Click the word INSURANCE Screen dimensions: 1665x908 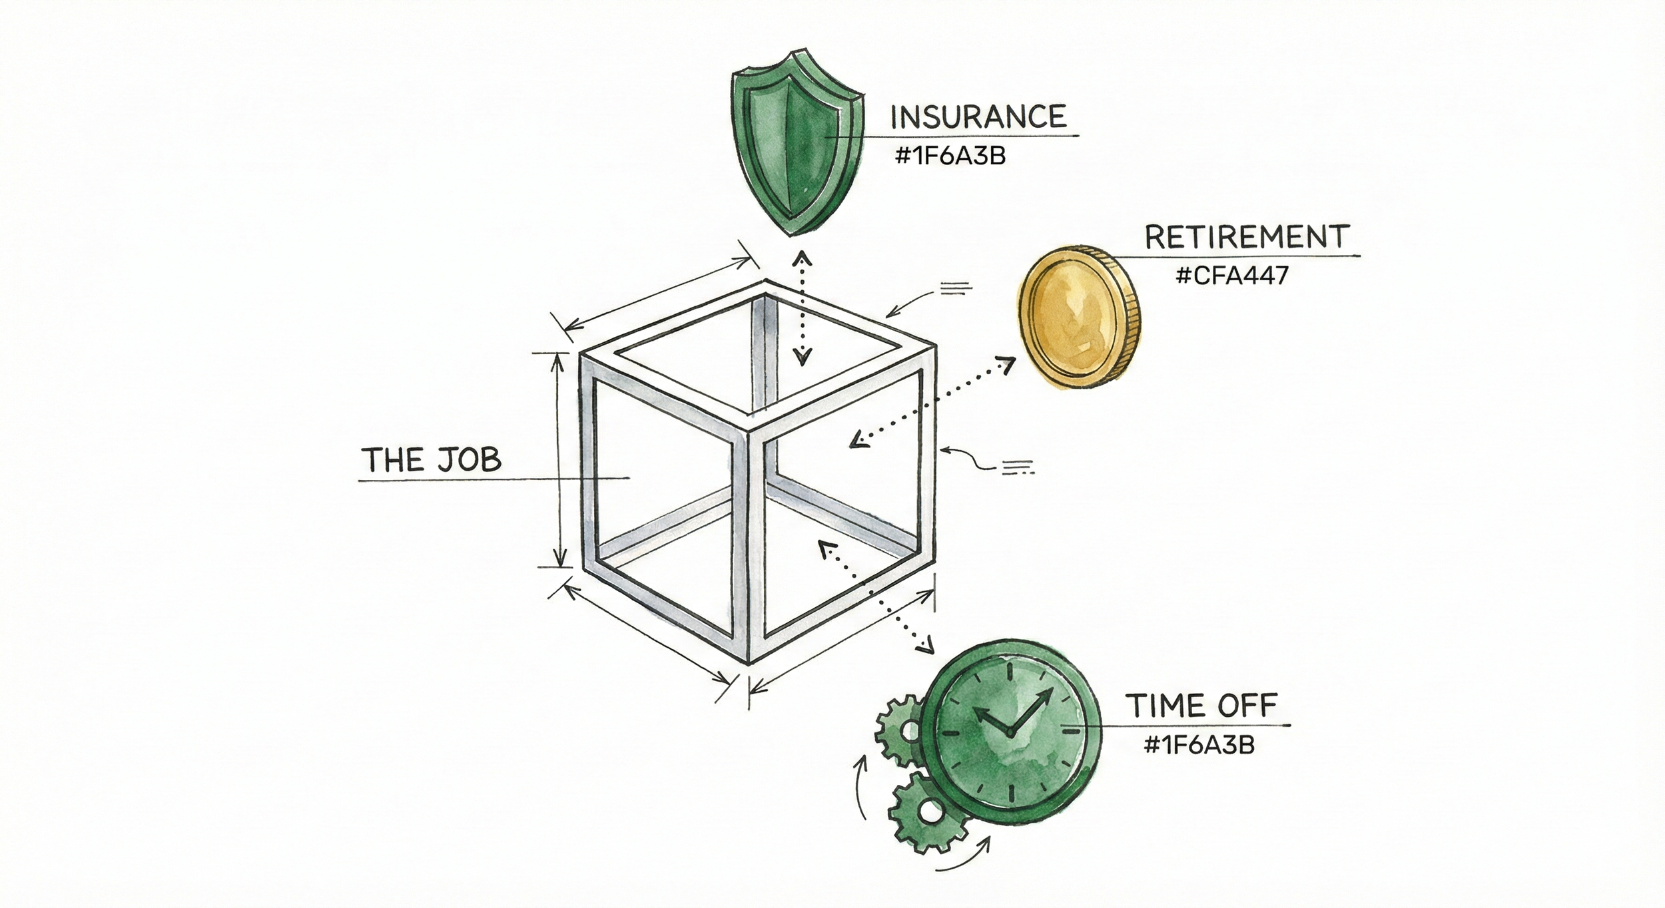(x=978, y=118)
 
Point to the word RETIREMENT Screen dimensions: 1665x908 (x=1247, y=238)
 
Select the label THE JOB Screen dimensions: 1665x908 (x=431, y=460)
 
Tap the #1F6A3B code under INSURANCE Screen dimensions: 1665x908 (x=950, y=156)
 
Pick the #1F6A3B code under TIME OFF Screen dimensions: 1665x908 (x=1199, y=745)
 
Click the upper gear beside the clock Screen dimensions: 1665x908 (x=900, y=730)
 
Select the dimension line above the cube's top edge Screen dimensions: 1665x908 (x=656, y=294)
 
